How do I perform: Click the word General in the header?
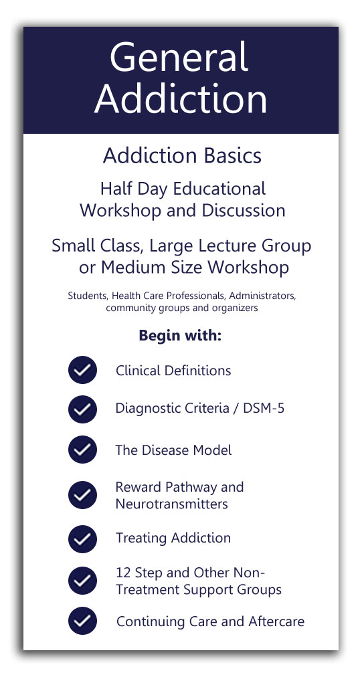(x=179, y=58)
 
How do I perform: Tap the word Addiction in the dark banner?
(x=181, y=100)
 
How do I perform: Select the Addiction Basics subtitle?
(x=182, y=156)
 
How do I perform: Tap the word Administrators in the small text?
(x=263, y=296)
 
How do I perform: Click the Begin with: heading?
(x=180, y=336)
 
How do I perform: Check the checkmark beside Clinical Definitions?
(x=82, y=370)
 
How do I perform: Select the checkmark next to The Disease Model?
(x=82, y=450)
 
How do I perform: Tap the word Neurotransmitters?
(x=171, y=504)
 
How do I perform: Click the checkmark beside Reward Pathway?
(x=82, y=494)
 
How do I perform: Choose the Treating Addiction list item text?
(x=173, y=538)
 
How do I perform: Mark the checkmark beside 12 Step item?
(x=82, y=581)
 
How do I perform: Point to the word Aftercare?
(x=276, y=621)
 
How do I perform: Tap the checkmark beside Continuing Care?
(x=82, y=621)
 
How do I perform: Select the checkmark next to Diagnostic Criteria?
(x=82, y=409)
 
